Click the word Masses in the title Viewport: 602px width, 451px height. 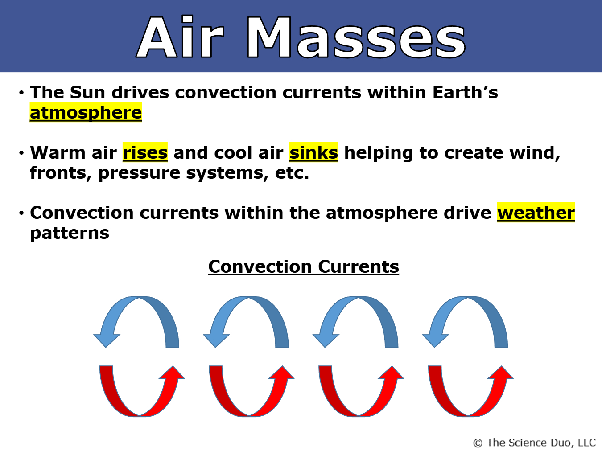pyautogui.click(x=356, y=37)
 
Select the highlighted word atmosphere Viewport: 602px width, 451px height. pyautogui.click(x=86, y=113)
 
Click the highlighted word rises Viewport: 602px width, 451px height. pyautogui.click(x=145, y=152)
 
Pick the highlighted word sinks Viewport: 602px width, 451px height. pyautogui.click(x=314, y=152)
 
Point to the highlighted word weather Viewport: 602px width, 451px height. pyautogui.click(x=536, y=213)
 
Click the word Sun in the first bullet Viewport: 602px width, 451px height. pyautogui.click(x=87, y=92)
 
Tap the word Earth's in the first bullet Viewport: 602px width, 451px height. pyautogui.click(x=465, y=92)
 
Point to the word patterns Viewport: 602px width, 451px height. pyautogui.click(x=70, y=234)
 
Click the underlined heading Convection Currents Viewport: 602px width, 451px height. pyautogui.click(x=304, y=266)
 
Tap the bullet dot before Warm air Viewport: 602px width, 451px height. pyautogui.click(x=22, y=153)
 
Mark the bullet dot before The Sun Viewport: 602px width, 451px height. pyautogui.click(x=22, y=93)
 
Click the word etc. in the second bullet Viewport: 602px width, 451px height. pyautogui.click(x=292, y=173)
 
